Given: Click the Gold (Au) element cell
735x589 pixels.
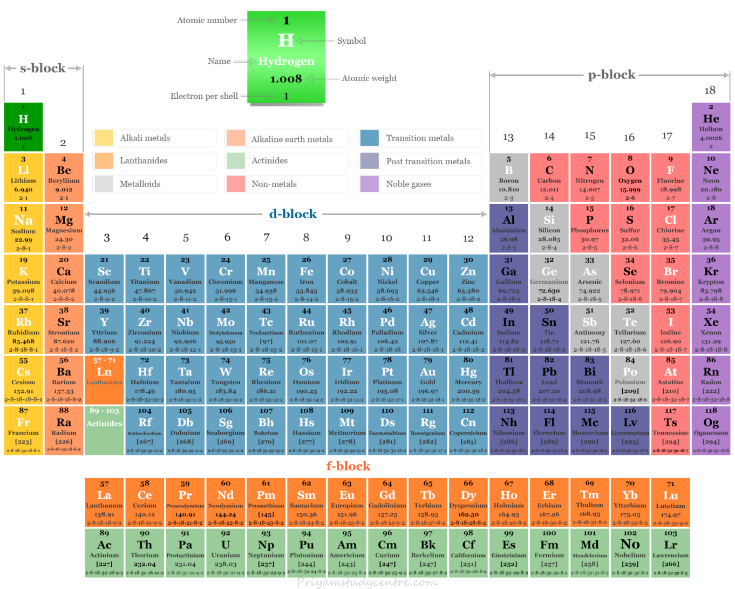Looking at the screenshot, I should [x=428, y=379].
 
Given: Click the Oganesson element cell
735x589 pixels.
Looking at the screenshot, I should [x=711, y=430].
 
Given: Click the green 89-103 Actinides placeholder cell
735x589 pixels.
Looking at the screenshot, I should [x=104, y=430].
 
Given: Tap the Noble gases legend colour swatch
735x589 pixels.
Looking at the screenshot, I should [x=369, y=184].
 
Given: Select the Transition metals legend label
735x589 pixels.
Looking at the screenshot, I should [x=420, y=138].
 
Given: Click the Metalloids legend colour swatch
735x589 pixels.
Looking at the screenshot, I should [x=103, y=184].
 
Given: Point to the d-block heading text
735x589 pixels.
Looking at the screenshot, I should [x=292, y=214].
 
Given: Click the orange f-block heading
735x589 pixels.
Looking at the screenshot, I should [x=348, y=466].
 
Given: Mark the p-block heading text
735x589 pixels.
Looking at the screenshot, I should [x=611, y=75].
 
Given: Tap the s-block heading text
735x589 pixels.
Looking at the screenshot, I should [x=43, y=68].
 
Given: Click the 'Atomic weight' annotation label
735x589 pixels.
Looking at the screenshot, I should [x=369, y=78].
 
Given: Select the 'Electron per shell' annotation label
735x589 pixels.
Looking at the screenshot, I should [x=204, y=96].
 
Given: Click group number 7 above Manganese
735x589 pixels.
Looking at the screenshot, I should [x=267, y=237].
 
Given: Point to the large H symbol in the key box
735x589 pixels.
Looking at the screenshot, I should [x=285, y=41].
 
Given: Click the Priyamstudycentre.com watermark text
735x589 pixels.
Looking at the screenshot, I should [x=367, y=582].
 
